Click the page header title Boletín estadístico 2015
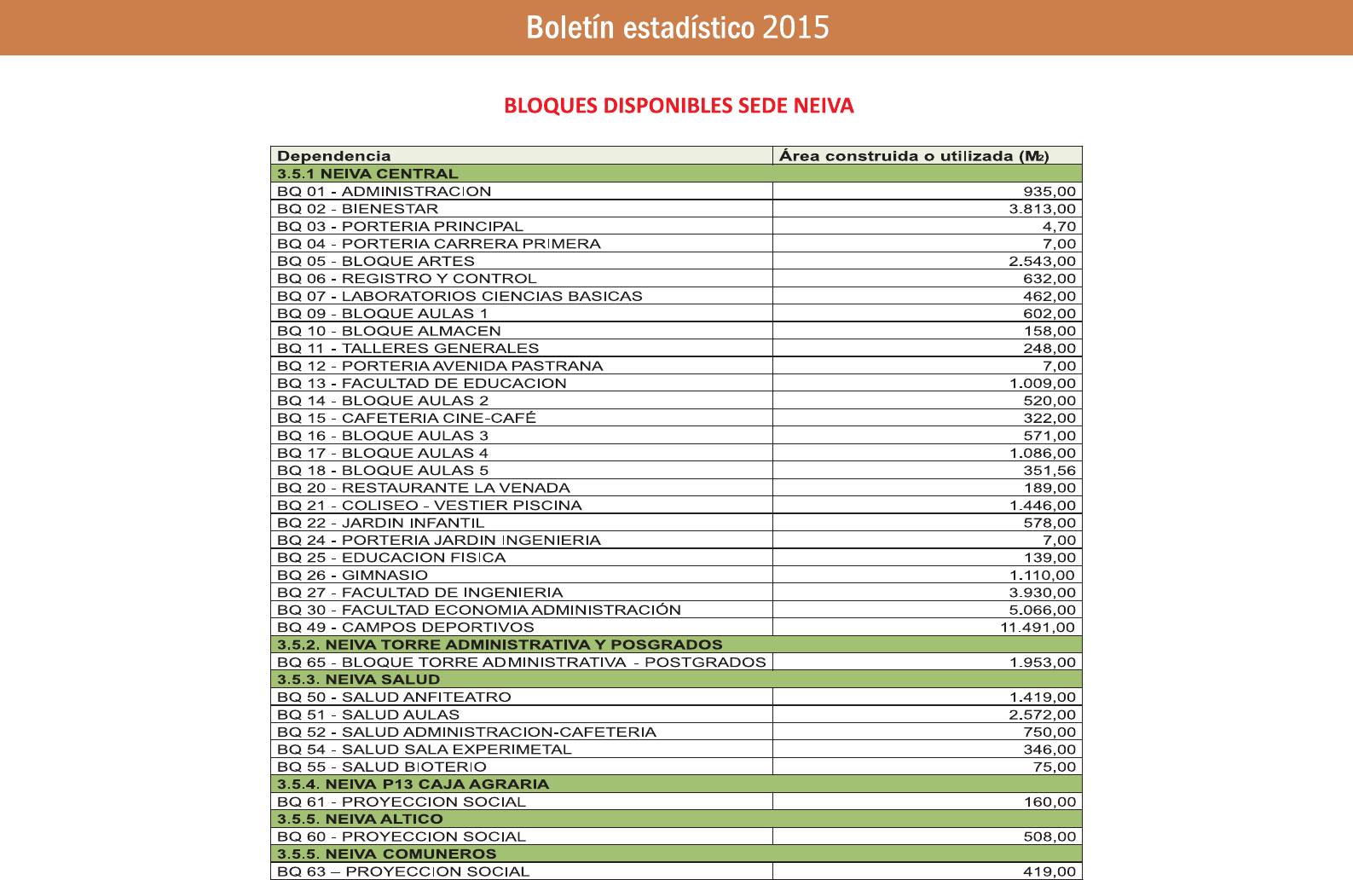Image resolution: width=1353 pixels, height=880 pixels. pyautogui.click(x=677, y=27)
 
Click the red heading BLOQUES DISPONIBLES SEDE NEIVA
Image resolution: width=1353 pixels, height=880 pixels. pyautogui.click(x=679, y=106)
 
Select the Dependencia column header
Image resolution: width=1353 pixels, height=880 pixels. pyautogui.click(x=334, y=156)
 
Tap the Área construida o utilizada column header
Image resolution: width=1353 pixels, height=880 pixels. pyautogui.click(x=913, y=156)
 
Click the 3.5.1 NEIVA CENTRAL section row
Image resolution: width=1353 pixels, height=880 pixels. pyautogui.click(x=367, y=174)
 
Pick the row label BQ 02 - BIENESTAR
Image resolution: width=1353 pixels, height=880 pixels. pyautogui.click(x=358, y=209)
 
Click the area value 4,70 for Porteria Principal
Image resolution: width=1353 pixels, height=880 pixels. pyautogui.click(x=1059, y=227)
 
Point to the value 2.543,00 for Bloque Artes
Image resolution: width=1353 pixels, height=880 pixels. pyautogui.click(x=1042, y=262)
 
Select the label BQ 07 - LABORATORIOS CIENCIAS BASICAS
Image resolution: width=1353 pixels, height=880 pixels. pyautogui.click(x=460, y=297)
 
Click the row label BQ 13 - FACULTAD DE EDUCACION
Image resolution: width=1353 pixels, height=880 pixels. pyautogui.click(x=422, y=384)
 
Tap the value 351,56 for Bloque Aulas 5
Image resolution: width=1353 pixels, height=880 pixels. pyautogui.click(x=1049, y=471)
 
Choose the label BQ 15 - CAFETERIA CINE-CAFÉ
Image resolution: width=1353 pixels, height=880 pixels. pyautogui.click(x=407, y=419)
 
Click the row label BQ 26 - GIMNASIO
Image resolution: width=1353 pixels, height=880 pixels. pyautogui.click(x=353, y=576)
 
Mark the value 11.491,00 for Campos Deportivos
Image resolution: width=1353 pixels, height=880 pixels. pyautogui.click(x=1038, y=628)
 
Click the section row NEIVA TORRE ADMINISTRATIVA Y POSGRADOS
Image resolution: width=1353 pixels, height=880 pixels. pyautogui.click(x=500, y=645)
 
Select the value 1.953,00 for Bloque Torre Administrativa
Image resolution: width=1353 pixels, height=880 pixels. pyautogui.click(x=1042, y=663)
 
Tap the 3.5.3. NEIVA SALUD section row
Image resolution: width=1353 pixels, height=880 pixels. pyautogui.click(x=358, y=680)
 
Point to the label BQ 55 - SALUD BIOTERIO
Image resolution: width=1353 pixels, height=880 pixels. pyautogui.click(x=382, y=767)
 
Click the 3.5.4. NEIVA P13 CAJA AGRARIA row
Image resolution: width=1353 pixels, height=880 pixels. pyautogui.click(x=413, y=784)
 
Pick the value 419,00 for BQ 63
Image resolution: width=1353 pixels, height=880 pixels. pyautogui.click(x=1049, y=871)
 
